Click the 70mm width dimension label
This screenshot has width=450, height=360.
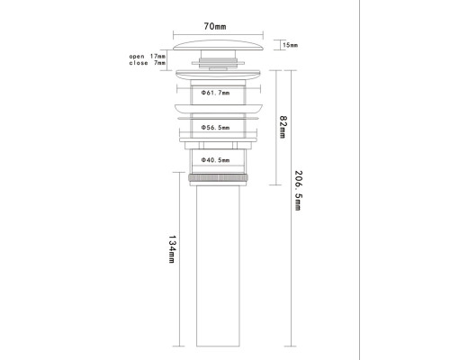tap(215, 26)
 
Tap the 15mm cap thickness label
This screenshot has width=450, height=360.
tap(290, 45)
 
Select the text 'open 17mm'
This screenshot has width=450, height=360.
tap(147, 56)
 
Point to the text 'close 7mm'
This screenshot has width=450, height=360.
tap(147, 63)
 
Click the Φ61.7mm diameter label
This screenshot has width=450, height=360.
tap(215, 93)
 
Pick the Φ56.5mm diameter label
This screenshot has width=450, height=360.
tap(215, 128)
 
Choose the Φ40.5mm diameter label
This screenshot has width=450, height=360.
tap(215, 160)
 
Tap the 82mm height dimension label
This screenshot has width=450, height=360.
tap(283, 127)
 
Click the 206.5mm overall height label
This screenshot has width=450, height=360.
tap(298, 191)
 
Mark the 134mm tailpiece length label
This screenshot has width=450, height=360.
tap(172, 249)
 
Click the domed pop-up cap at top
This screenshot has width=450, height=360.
tap(218, 45)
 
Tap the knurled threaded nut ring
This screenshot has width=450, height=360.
tap(219, 177)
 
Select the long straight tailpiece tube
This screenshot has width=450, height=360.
tap(218, 266)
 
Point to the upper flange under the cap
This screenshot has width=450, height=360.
tap(218, 75)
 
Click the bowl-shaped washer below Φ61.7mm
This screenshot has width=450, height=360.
tap(219, 108)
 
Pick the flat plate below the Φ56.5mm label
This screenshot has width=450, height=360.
tap(219, 139)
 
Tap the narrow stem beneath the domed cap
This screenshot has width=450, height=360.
tap(218, 54)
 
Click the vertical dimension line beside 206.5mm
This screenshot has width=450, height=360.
tap(291, 208)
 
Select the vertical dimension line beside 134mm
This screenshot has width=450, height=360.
tap(179, 259)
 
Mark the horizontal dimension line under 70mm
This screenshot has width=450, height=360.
tap(218, 35)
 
